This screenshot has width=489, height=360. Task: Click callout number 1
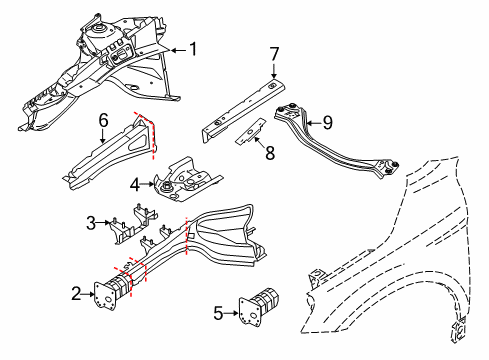[x=194, y=49]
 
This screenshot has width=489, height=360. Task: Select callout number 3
[x=91, y=222]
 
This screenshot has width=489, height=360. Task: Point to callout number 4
[x=135, y=183]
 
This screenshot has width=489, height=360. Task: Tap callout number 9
[x=328, y=124]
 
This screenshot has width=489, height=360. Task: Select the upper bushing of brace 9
[x=294, y=111]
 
